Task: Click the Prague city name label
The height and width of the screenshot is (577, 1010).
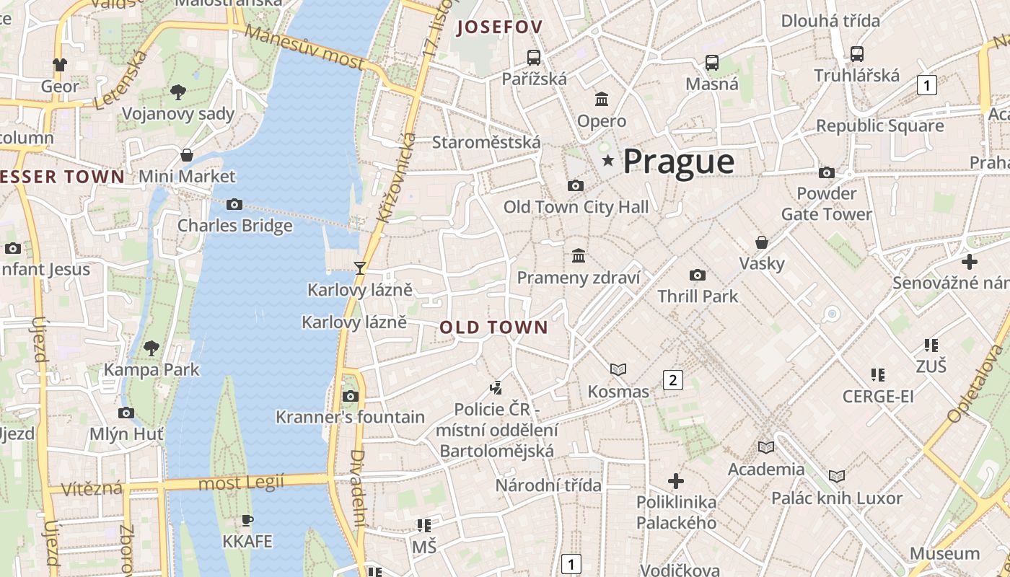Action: [678, 162]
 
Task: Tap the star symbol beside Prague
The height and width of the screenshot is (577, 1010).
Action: [609, 161]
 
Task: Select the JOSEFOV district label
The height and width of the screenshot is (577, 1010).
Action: [499, 27]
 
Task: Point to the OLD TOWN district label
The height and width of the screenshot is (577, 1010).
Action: [494, 327]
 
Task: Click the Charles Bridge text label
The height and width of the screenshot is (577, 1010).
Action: [235, 225]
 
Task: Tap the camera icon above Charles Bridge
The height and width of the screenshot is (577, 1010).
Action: [234, 204]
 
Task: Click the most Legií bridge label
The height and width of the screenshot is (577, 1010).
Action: [241, 483]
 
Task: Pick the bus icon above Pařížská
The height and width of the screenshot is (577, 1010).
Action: [534, 58]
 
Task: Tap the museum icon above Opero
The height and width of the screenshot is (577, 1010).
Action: [602, 99]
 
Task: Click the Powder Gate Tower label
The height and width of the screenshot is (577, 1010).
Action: [827, 204]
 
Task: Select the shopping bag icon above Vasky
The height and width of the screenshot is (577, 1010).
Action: [761, 242]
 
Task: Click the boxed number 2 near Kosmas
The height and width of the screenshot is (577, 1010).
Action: [673, 380]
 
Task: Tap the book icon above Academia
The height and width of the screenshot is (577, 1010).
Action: [765, 447]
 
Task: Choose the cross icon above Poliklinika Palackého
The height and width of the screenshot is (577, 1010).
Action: [676, 480]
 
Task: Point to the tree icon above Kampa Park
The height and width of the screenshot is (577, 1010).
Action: [151, 348]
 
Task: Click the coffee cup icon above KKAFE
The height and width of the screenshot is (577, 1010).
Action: [247, 520]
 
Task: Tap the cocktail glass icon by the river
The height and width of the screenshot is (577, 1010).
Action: [360, 268]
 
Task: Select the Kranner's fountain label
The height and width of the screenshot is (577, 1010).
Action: [351, 417]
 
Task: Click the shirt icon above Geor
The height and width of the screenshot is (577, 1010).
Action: [60, 65]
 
